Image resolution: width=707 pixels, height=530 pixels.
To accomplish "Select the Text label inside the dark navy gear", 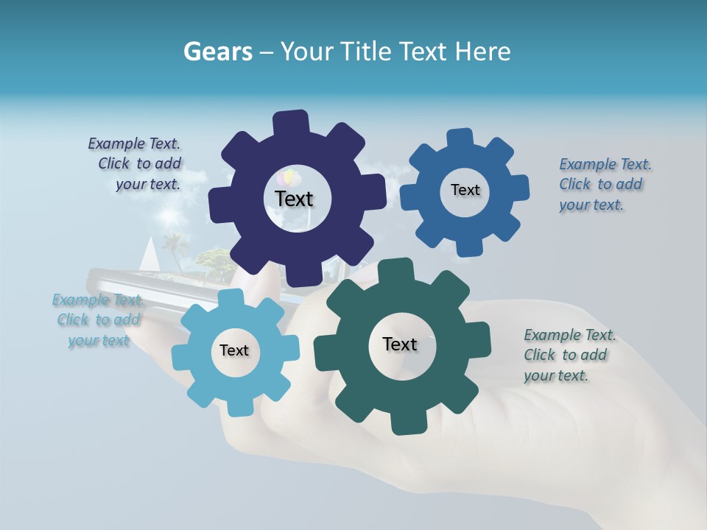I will point(294,199).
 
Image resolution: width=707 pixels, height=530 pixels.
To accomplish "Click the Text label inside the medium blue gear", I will point(465,190).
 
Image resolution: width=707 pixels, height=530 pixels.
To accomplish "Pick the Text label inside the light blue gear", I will point(234,350).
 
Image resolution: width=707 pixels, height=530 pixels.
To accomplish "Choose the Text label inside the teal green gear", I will point(400,344).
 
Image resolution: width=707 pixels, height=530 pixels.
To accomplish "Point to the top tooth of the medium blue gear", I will point(460,139).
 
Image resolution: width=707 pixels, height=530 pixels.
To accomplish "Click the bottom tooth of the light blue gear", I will point(239,406).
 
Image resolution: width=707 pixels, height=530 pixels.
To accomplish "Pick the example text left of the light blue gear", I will point(97,320).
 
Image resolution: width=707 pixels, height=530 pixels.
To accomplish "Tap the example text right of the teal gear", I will point(569,355).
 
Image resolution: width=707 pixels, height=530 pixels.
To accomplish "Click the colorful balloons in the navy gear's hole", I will point(288,178).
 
